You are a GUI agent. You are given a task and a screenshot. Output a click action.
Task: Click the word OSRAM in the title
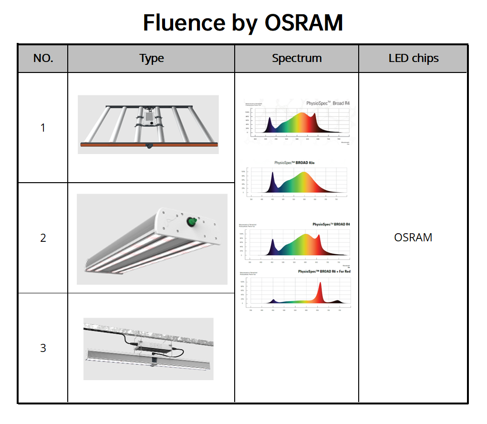[x=303, y=22]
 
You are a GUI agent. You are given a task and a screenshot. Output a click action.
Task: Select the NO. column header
[x=43, y=59]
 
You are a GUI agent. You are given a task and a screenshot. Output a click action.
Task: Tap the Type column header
[x=151, y=59]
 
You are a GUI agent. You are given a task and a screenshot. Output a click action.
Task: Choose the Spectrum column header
[x=297, y=59]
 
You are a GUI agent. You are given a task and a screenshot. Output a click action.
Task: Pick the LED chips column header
[x=413, y=59]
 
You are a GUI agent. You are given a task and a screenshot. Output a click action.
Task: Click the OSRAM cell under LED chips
[x=413, y=237]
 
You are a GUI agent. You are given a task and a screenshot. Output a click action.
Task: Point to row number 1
[x=43, y=128]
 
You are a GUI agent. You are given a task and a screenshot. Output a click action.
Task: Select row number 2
[x=43, y=238]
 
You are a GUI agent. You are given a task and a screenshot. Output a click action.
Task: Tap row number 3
[x=43, y=348]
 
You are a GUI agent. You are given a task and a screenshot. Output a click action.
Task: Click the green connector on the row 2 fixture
[x=192, y=221]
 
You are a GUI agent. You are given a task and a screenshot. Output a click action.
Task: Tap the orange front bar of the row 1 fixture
[x=148, y=144]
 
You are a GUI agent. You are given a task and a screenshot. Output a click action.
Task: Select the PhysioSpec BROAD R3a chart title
[x=294, y=163]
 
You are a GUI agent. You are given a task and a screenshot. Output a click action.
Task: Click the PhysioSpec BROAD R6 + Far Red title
[x=324, y=271]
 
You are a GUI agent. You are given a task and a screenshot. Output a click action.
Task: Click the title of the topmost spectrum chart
[x=324, y=103]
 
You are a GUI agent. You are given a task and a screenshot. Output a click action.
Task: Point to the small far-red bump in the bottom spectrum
[x=338, y=301]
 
